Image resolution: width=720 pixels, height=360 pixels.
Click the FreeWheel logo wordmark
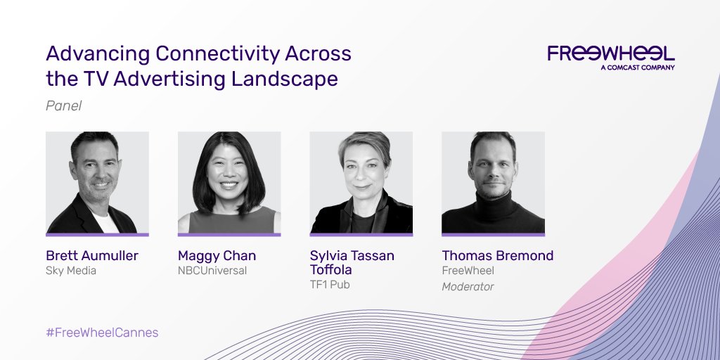coord(610,54)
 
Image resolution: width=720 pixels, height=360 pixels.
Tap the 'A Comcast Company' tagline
coord(638,67)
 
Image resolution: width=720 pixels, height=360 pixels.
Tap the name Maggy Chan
coord(217,256)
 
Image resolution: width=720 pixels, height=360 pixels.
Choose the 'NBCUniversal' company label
coord(212,271)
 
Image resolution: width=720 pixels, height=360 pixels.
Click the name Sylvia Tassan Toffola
coord(352,263)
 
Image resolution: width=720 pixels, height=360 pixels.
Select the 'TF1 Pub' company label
coord(330,285)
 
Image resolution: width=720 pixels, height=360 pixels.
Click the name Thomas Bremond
coord(498,256)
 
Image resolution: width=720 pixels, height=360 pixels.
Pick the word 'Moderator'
coord(468,286)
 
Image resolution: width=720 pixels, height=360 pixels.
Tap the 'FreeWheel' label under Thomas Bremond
coord(468,271)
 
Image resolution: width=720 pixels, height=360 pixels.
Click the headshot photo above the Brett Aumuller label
coord(97,182)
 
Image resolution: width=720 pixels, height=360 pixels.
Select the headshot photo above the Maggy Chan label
coord(229,182)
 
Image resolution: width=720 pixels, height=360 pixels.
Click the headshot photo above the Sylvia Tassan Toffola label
coord(361,182)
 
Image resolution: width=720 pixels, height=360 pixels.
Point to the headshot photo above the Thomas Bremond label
coord(493,182)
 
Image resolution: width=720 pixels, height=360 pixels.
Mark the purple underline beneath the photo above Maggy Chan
coord(229,234)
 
